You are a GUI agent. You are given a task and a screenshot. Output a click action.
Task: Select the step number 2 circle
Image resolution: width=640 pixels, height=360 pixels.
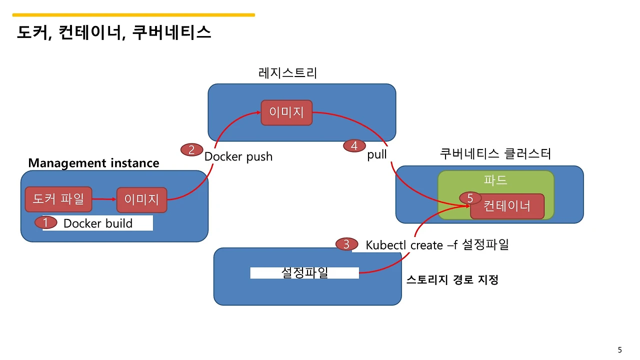191,149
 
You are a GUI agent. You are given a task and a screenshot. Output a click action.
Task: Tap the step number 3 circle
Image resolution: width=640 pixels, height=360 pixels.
346,244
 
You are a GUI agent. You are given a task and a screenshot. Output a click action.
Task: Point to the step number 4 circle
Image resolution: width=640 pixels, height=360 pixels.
354,145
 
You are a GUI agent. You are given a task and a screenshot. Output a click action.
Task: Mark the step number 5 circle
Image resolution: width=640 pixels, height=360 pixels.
470,198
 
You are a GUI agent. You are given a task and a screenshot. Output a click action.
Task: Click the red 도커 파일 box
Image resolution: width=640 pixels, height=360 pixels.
58,199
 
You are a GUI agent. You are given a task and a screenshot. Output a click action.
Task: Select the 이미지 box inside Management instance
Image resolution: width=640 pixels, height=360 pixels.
141,200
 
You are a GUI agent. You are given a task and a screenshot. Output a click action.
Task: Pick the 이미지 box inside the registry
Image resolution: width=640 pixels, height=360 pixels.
286,112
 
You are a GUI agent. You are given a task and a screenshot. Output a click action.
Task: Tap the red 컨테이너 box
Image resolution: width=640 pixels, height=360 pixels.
507,206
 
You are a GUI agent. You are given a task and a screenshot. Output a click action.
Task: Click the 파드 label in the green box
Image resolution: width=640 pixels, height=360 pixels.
495,180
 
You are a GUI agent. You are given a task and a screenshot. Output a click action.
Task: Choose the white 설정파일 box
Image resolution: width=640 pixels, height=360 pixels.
304,273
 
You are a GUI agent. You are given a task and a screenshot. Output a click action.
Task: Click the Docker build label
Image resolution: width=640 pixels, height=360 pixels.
98,223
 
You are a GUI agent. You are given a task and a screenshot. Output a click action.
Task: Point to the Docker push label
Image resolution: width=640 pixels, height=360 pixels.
238,156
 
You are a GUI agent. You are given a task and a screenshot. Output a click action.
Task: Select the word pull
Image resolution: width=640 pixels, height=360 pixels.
377,154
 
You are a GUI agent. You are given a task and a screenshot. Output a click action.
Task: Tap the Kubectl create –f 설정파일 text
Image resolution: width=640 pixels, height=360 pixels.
437,245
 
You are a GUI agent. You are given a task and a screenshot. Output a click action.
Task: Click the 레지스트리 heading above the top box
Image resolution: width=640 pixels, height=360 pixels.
287,73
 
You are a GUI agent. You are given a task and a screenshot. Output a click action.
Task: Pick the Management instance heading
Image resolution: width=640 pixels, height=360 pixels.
93,163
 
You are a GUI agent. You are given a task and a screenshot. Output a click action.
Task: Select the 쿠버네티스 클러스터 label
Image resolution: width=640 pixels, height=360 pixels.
495,153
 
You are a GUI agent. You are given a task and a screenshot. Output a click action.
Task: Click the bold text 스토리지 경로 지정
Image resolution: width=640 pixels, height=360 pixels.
452,280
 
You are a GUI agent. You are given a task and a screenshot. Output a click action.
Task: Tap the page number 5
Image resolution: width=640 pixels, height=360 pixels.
620,349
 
